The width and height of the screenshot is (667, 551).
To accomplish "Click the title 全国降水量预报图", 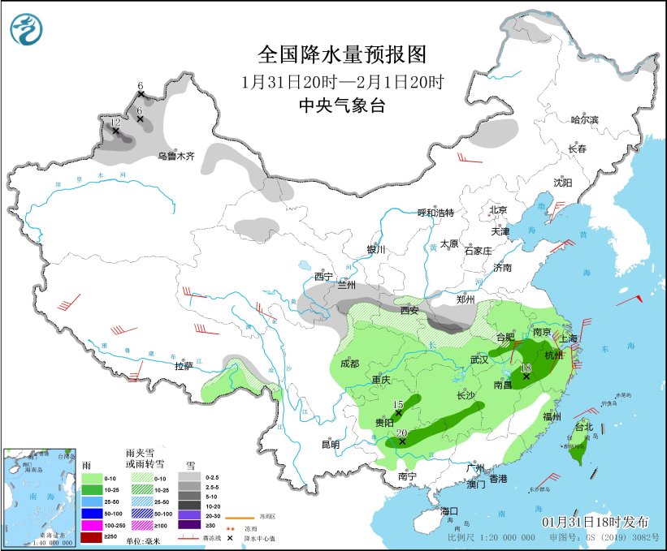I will [x=342, y=55].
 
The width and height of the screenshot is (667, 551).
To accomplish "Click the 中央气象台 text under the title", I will [x=342, y=105].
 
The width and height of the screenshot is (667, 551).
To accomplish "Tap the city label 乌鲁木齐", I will [x=176, y=155].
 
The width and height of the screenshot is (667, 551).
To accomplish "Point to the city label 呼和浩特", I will [x=435, y=213].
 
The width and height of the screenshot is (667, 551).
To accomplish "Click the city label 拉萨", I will [x=183, y=366].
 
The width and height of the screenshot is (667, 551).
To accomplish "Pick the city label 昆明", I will [x=330, y=444].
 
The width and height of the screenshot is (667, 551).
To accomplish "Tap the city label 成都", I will [x=349, y=364].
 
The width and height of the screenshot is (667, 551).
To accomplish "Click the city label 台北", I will [x=583, y=426].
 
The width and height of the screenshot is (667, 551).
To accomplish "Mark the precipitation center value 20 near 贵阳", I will [x=401, y=433].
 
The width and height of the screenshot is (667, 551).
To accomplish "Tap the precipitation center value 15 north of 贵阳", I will [x=398, y=404].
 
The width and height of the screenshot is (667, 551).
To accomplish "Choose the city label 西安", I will [x=409, y=310].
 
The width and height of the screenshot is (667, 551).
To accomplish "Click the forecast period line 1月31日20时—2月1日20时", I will [x=342, y=82].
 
